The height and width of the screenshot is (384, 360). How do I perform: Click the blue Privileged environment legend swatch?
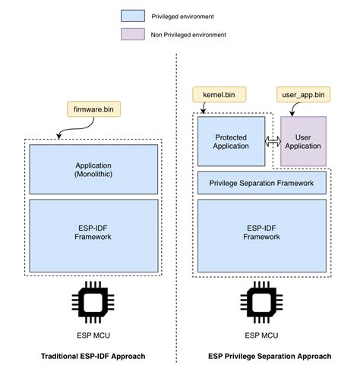pyautogui.click(x=132, y=15)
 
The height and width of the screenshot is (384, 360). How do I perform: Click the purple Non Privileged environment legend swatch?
pyautogui.click(x=132, y=34)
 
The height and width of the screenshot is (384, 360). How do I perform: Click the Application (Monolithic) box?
pyautogui.click(x=93, y=168)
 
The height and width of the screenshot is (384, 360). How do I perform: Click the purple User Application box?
pyautogui.click(x=303, y=141)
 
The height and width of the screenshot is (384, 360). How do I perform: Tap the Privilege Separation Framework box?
pyautogui.click(x=261, y=183)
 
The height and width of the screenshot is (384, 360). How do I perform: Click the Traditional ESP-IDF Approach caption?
pyautogui.click(x=93, y=357)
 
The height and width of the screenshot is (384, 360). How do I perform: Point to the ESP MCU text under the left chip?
pyautogui.click(x=93, y=333)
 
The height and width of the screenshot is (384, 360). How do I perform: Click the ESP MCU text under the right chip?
pyautogui.click(x=261, y=333)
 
